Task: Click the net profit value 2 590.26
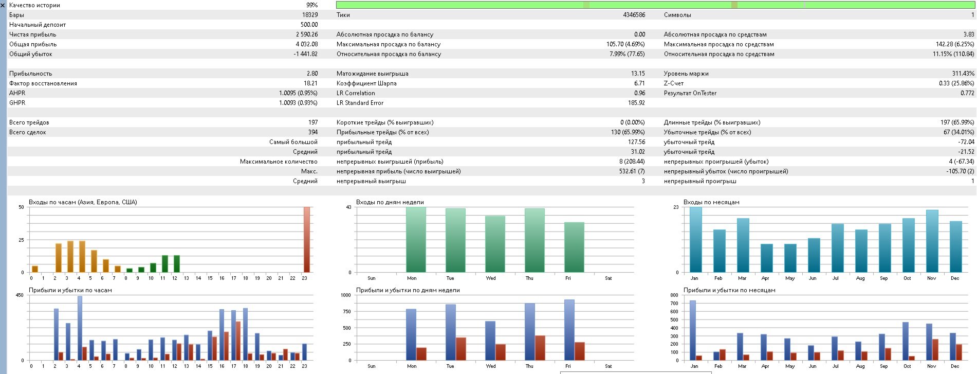point(306,34)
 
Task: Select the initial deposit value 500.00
point(309,25)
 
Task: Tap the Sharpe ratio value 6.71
point(639,83)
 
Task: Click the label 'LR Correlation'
point(356,93)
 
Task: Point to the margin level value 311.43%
point(963,74)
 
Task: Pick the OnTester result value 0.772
point(967,93)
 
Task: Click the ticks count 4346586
point(634,15)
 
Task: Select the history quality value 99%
point(311,5)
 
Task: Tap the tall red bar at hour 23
point(307,239)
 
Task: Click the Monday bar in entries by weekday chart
point(416,239)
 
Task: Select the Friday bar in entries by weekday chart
point(574,247)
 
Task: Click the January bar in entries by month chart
point(695,239)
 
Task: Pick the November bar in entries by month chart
point(932,241)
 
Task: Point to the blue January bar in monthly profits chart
point(692,330)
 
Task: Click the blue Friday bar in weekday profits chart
point(569,330)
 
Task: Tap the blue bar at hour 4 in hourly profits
point(80,328)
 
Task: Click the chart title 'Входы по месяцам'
point(711,202)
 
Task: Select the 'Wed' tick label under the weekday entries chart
point(491,278)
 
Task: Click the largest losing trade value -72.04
point(966,142)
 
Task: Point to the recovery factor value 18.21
point(310,83)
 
